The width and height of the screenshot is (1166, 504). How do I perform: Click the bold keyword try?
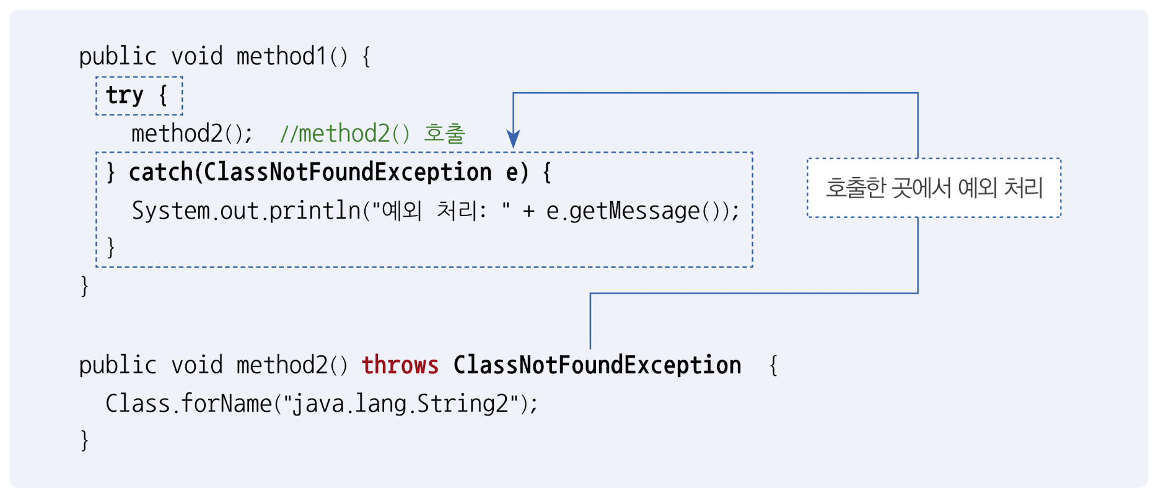[125, 95]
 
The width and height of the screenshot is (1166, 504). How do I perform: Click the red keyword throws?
[400, 365]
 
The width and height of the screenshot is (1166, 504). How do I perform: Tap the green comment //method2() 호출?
[372, 134]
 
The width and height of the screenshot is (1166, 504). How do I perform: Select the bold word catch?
[160, 172]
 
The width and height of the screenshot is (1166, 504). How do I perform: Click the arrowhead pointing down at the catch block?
[513, 139]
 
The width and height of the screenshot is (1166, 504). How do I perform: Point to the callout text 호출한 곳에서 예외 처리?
[934, 188]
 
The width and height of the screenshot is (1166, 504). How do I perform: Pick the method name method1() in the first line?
[292, 57]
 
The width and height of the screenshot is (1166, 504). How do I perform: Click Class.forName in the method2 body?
[188, 404]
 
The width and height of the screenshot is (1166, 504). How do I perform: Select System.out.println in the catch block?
[246, 211]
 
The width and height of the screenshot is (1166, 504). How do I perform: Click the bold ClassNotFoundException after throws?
[597, 365]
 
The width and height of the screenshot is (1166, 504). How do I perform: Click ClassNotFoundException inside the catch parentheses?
[348, 172]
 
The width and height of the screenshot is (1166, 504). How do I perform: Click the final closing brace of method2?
[85, 441]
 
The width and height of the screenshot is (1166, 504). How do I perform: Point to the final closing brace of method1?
[85, 286]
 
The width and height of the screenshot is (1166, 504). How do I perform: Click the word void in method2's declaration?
[196, 365]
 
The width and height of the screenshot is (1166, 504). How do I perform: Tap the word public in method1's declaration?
[117, 57]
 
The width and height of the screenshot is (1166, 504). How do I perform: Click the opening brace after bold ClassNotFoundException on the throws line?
[773, 365]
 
